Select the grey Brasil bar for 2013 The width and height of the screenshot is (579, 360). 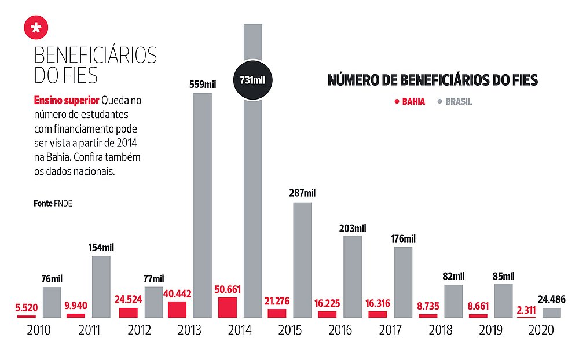click(x=202, y=205)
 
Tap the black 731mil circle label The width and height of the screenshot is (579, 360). click(x=252, y=80)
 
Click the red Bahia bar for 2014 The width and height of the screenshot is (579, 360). click(x=228, y=308)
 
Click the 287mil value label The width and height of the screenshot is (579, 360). click(x=302, y=193)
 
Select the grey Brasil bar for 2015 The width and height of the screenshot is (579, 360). click(x=302, y=260)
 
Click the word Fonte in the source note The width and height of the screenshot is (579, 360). click(x=43, y=204)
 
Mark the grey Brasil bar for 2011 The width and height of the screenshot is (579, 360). click(x=101, y=286)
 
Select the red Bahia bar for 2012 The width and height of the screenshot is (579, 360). click(x=128, y=313)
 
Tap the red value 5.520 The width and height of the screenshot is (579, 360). click(x=26, y=307)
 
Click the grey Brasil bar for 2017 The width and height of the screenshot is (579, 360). click(x=403, y=282)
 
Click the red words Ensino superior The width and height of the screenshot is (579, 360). click(x=66, y=100)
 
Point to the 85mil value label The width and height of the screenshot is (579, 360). click(x=504, y=276)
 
